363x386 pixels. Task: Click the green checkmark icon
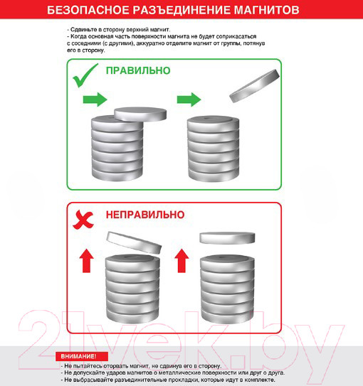[85, 75]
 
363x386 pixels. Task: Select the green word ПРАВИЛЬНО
[138, 70]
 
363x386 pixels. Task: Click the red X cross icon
[83, 220]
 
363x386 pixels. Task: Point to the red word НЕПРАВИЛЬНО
[145, 215]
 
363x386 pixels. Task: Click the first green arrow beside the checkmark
[95, 100]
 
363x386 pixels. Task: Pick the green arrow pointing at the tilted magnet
[189, 100]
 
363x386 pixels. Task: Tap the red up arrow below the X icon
[86, 261]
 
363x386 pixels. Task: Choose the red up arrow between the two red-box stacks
[181, 261]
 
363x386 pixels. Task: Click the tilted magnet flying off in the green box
[255, 86]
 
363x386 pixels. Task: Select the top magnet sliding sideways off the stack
[140, 114]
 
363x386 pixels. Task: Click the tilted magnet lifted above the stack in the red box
[134, 242]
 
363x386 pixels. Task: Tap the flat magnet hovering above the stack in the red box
[227, 238]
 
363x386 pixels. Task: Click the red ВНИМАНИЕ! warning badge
[82, 356]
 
